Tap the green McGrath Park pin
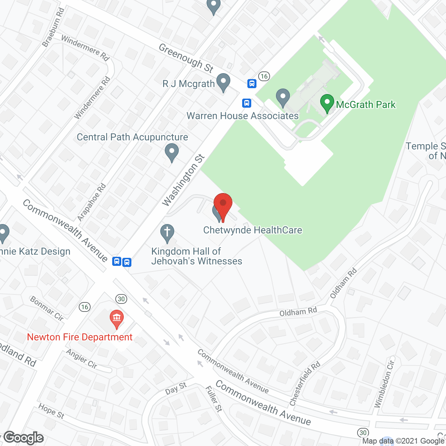tap(327, 103)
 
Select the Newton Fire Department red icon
tap(117, 318)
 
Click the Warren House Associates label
tap(243, 116)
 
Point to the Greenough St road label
tap(186, 58)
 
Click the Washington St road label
tap(183, 180)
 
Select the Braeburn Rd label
tap(53, 28)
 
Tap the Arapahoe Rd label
tap(92, 202)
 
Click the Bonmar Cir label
tap(47, 308)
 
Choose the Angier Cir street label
tap(82, 359)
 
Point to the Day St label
tap(176, 388)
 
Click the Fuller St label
tap(214, 399)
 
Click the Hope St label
tap(51, 411)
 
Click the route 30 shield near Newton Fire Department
tap(121, 299)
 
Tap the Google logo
tap(24, 438)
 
